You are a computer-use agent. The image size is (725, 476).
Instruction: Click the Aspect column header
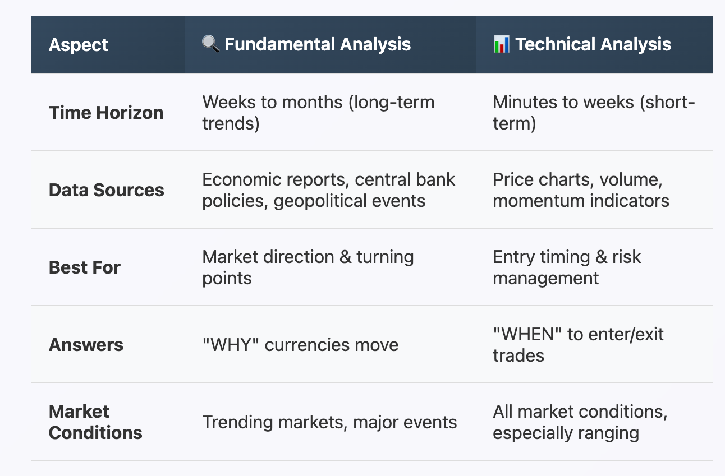tap(79, 45)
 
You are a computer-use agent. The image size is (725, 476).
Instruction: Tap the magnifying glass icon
tap(210, 44)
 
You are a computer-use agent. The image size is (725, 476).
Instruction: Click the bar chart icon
tap(501, 44)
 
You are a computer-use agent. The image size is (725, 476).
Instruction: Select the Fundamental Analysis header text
tap(318, 44)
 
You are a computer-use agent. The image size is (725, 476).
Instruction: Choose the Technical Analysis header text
tap(593, 44)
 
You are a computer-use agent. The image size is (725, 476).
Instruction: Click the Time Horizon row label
tap(106, 113)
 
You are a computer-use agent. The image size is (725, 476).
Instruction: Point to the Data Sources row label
tap(107, 190)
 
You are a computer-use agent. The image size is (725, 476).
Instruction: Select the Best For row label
tap(85, 267)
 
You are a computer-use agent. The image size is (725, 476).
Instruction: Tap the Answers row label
tap(86, 345)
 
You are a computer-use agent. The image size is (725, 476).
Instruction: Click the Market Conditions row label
tap(95, 422)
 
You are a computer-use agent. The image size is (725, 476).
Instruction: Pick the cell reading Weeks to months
tap(319, 113)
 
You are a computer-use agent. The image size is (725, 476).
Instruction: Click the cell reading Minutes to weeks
tap(594, 113)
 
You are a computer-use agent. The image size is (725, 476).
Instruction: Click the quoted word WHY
tap(231, 345)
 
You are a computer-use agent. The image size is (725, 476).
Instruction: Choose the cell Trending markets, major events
tap(329, 422)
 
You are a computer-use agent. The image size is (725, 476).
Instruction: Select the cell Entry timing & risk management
tap(567, 267)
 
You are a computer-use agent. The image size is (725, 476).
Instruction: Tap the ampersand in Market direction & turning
tap(345, 257)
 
